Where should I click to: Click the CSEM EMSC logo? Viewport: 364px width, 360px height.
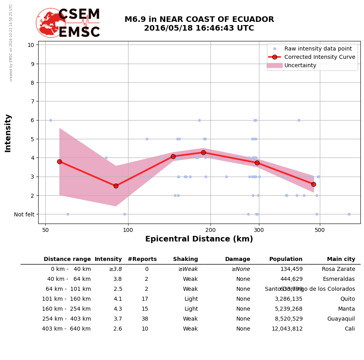[x=68, y=23]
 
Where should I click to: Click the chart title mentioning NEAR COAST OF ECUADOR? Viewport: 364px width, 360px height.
[x=199, y=24]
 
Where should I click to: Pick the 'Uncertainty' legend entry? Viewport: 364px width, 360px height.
[x=300, y=65]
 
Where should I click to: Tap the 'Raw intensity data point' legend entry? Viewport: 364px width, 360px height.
[x=318, y=49]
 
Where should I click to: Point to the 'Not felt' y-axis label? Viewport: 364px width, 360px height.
[x=24, y=214]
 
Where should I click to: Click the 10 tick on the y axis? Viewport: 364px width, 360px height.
[x=30, y=45]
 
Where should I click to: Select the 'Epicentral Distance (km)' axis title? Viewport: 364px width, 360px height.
[x=199, y=239]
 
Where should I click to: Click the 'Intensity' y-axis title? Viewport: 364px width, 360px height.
[x=8, y=133]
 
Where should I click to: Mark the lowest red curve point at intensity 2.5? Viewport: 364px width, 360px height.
[x=116, y=186]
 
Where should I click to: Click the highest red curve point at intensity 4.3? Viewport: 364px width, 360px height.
[x=203, y=152]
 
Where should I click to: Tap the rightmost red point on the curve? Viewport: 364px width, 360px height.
[x=313, y=184]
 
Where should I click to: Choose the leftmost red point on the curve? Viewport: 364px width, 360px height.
[x=59, y=162]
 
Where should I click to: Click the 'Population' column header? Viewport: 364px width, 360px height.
[x=286, y=259]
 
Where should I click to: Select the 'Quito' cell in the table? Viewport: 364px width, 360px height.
[x=347, y=299]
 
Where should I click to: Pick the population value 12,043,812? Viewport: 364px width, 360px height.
[x=287, y=329]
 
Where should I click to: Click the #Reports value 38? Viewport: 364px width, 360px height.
[x=145, y=319]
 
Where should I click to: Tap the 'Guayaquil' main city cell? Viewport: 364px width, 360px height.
[x=341, y=319]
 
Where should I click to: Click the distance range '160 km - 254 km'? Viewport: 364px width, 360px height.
[x=66, y=309]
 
